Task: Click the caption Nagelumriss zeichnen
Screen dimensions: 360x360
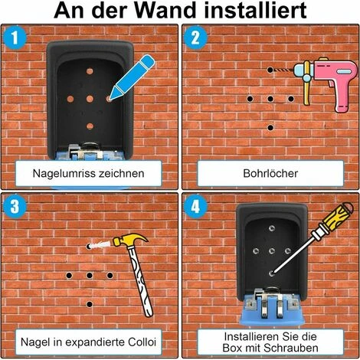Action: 89,173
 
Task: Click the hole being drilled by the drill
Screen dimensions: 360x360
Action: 270,70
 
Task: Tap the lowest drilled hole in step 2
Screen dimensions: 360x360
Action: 270,127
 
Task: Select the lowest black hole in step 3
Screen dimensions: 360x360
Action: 90,304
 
